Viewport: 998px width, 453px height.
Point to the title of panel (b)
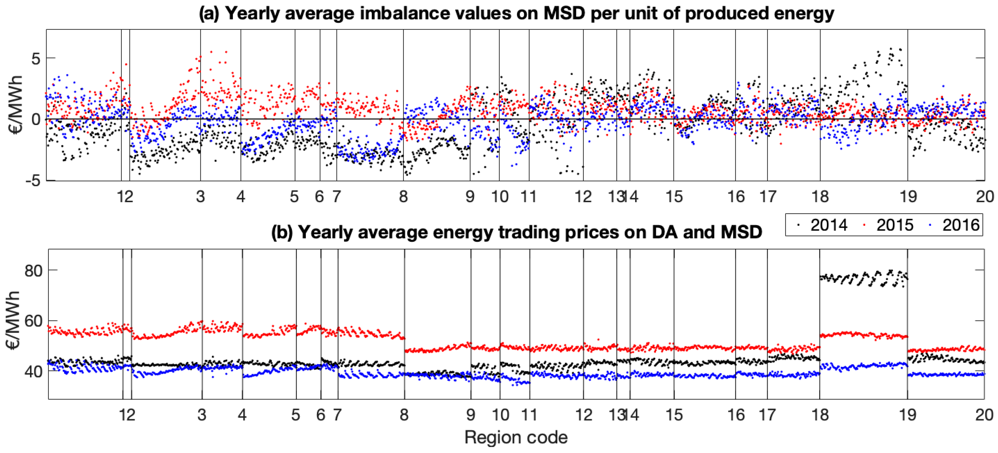pyautogui.click(x=516, y=232)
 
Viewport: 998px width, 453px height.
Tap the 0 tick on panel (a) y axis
pyautogui.click(x=36, y=119)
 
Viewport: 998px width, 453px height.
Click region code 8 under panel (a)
pyautogui.click(x=403, y=197)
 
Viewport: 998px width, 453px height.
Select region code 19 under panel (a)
pyautogui.click(x=908, y=197)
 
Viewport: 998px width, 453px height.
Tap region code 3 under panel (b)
pyautogui.click(x=201, y=415)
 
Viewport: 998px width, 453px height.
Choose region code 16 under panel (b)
pyautogui.click(x=736, y=415)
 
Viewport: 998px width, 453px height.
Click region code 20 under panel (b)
pyautogui.click(x=984, y=415)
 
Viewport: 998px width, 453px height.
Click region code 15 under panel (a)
pyautogui.click(x=674, y=197)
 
